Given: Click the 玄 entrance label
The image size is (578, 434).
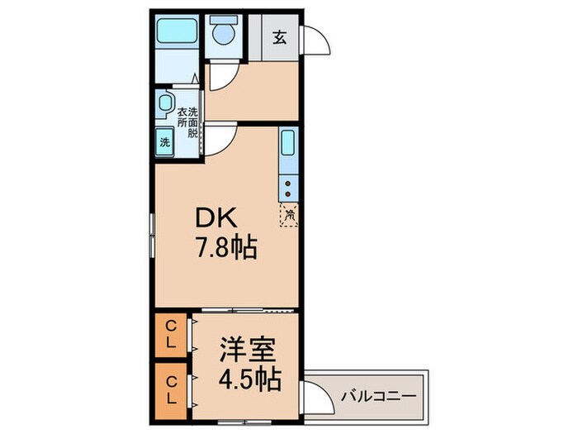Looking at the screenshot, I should click(281, 37).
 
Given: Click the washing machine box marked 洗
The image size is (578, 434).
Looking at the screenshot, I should click(164, 141).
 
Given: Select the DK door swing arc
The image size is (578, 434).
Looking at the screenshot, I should click(220, 140).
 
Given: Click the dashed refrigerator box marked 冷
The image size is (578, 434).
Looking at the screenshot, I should click(289, 215).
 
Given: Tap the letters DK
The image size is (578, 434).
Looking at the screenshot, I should click(216, 220).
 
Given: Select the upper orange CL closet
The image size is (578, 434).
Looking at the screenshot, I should click(171, 335).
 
